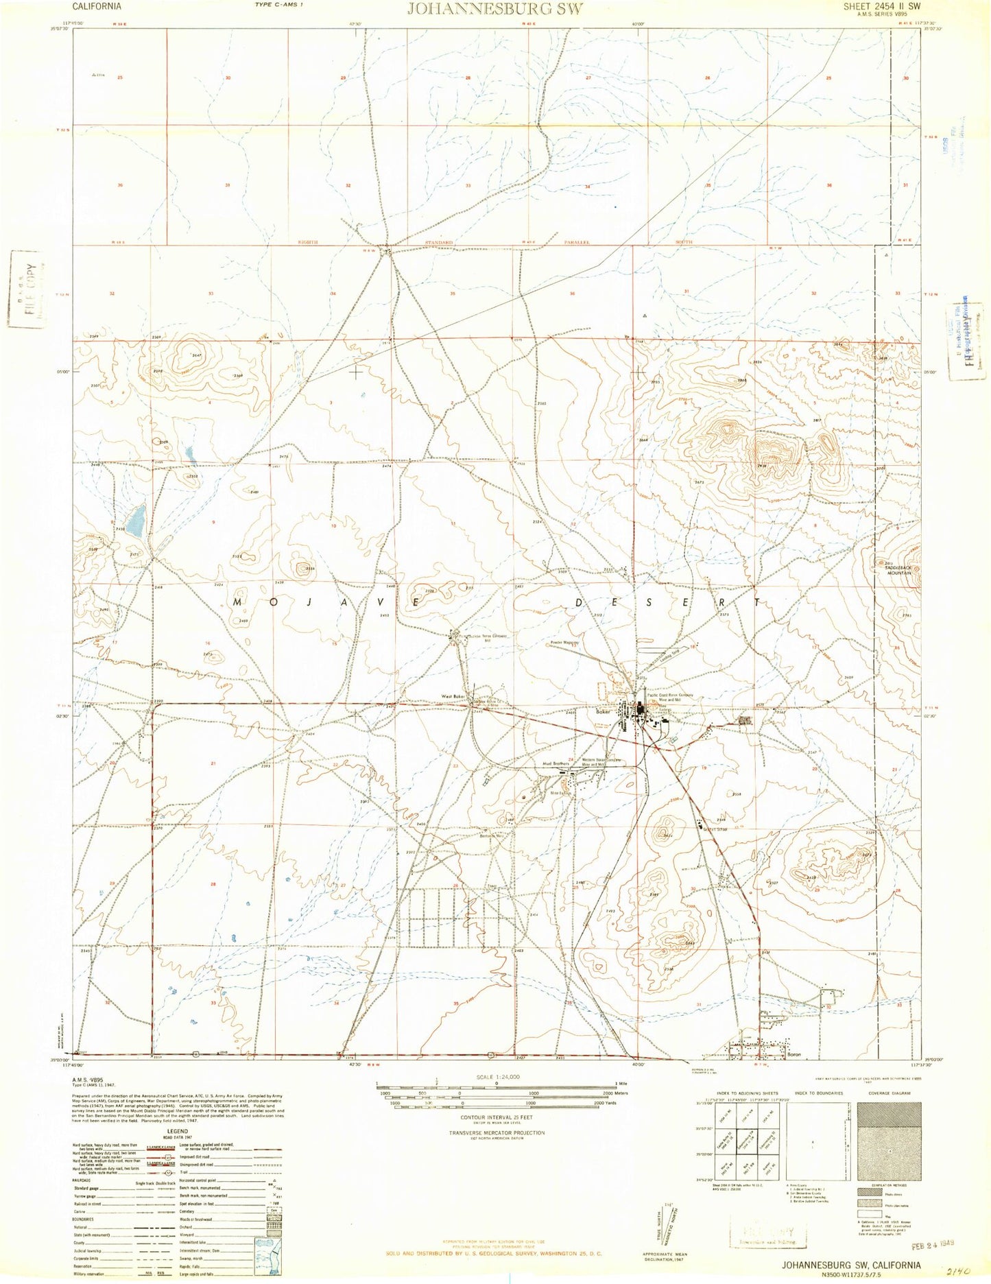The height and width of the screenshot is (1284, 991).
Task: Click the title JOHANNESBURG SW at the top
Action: pos(495,9)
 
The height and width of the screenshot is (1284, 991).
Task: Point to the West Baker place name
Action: pos(453,698)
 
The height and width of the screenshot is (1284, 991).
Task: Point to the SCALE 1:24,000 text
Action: pos(496,1077)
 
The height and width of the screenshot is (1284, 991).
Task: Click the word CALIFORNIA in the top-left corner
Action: pos(97,5)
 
